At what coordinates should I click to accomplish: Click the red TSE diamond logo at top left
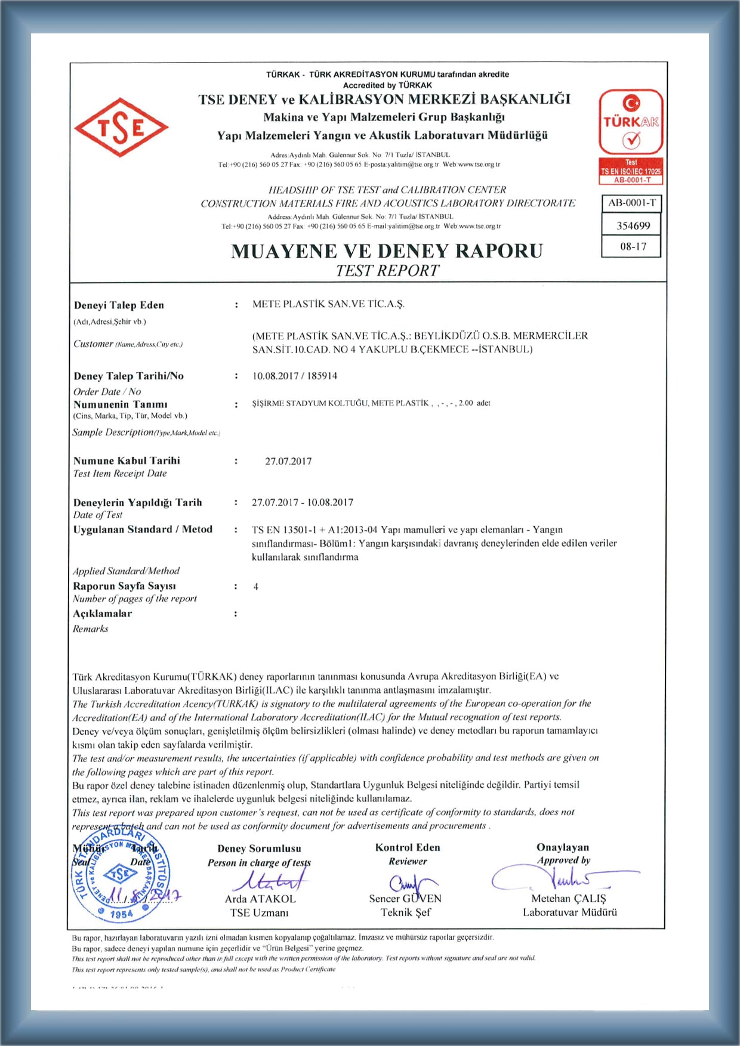click(x=121, y=128)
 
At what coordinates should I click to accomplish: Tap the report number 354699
click(x=633, y=225)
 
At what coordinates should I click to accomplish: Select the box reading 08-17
click(x=633, y=246)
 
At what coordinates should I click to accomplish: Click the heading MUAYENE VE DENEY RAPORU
click(x=387, y=251)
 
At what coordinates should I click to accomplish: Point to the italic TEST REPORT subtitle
click(x=387, y=271)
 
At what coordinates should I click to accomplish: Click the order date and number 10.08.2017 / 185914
click(x=295, y=376)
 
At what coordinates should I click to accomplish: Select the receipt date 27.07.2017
click(x=288, y=461)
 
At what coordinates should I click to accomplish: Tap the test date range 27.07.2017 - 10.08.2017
click(x=303, y=502)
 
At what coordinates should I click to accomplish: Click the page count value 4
click(x=255, y=587)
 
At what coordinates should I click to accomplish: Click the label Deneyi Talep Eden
click(x=119, y=305)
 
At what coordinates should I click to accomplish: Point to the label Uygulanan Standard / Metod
click(x=143, y=529)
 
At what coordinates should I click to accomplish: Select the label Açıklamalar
click(x=103, y=614)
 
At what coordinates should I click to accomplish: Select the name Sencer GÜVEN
click(x=405, y=899)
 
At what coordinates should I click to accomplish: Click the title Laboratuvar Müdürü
click(x=570, y=912)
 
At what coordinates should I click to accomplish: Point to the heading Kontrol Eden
click(x=408, y=847)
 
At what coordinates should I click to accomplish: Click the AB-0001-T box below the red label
click(x=631, y=203)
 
